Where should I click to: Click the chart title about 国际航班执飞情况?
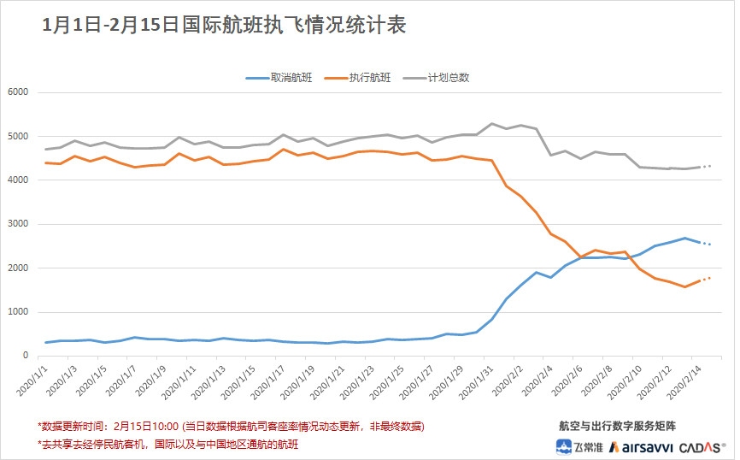[x=224, y=26]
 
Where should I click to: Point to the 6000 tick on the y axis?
[x=18, y=92]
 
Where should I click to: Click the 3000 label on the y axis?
[x=18, y=224]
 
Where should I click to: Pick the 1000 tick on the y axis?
[x=18, y=312]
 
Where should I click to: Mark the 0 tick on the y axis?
[x=27, y=356]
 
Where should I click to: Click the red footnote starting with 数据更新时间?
[x=231, y=426]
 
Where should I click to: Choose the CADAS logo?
[x=703, y=446]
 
